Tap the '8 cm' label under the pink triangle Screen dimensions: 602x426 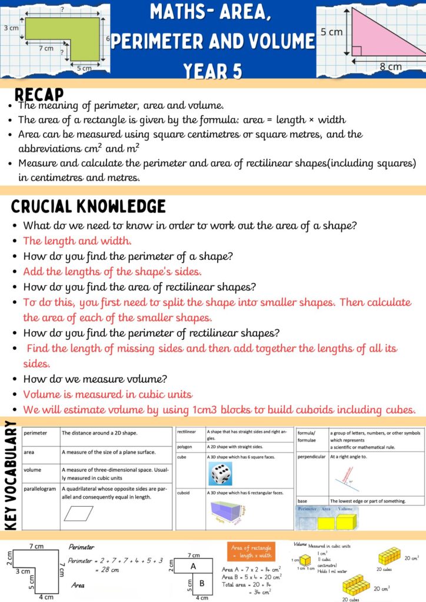point(390,66)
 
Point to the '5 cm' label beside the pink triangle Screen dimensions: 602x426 point(331,32)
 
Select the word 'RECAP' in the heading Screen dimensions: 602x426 point(39,94)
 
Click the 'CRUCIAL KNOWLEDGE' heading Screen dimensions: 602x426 point(88,206)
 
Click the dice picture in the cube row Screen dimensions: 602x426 point(221,473)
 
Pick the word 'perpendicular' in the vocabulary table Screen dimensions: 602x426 point(311,456)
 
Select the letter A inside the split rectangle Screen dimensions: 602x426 point(192,566)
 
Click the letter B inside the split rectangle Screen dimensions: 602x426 point(201,584)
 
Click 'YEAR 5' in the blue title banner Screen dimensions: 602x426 point(212,69)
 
